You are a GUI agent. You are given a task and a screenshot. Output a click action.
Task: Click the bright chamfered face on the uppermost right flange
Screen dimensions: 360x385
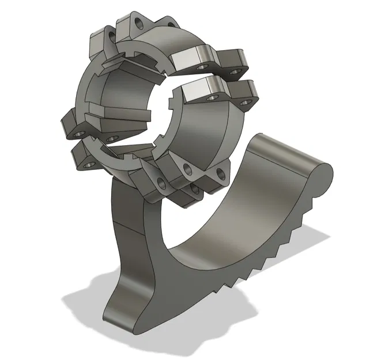click(191, 58)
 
